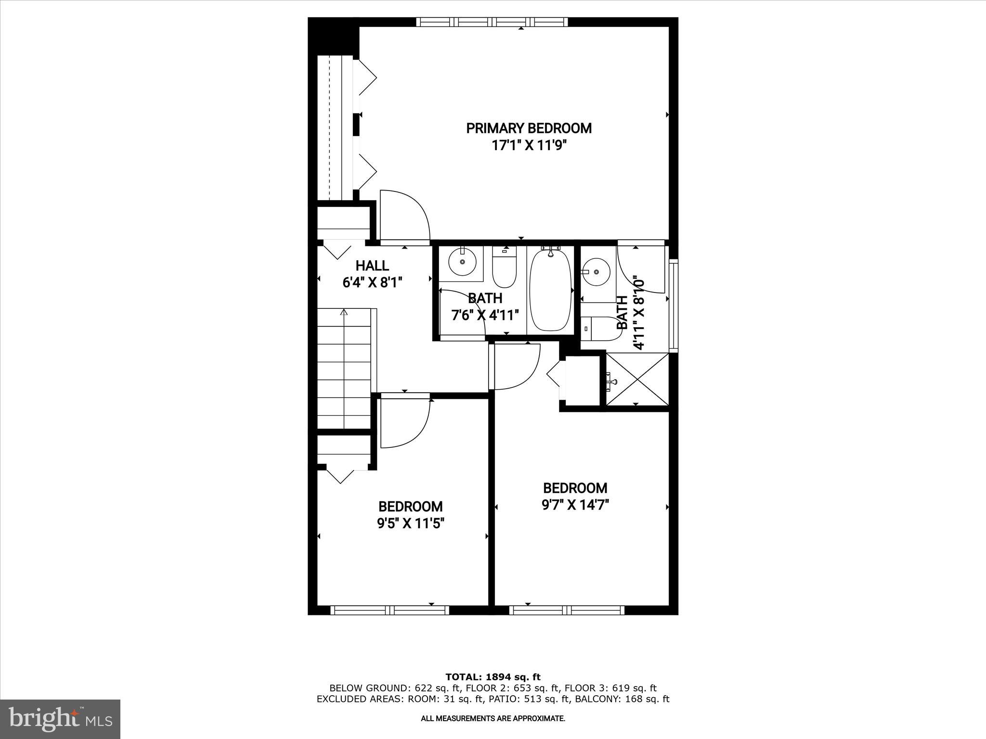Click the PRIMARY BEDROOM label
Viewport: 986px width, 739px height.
[529, 128]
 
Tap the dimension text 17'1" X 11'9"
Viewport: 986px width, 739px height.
[529, 146]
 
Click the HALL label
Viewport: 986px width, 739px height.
[372, 266]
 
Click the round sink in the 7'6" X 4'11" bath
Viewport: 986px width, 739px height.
[462, 262]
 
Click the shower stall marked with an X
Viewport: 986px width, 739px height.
[637, 380]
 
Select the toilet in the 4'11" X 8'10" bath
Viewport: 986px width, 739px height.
[599, 329]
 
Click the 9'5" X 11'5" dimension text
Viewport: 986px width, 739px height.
[410, 523]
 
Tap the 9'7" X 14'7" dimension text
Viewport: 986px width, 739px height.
[575, 505]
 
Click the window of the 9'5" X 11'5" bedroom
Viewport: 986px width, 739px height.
[390, 610]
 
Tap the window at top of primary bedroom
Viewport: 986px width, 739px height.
[492, 22]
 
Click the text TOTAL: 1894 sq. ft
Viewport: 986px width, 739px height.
[493, 677]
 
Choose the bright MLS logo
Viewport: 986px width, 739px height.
[60, 720]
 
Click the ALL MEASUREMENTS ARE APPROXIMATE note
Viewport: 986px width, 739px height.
[493, 719]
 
